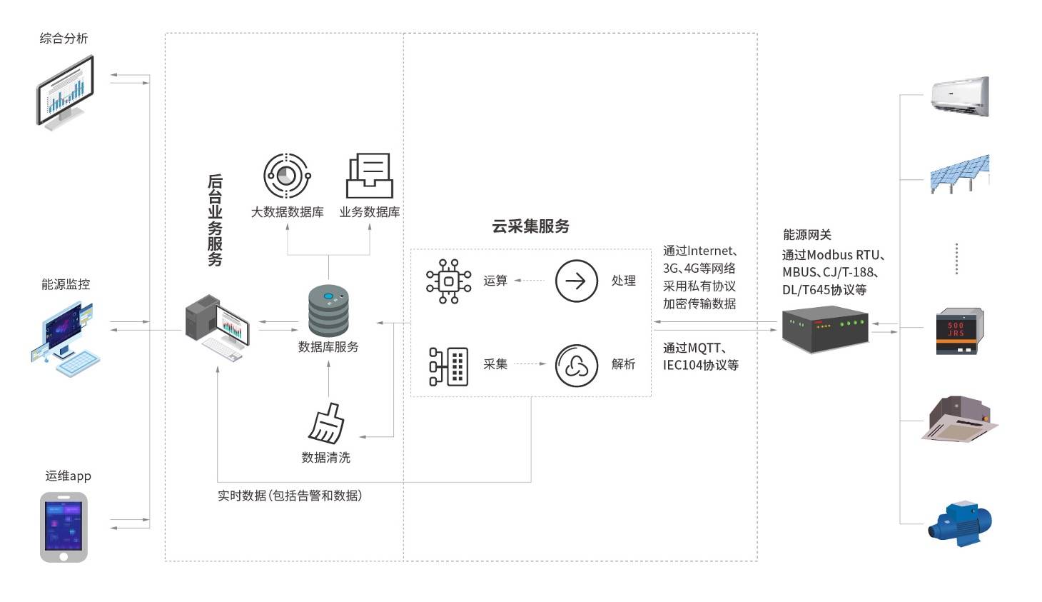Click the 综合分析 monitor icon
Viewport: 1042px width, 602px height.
tap(65, 93)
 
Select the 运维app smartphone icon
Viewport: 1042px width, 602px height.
tap(64, 527)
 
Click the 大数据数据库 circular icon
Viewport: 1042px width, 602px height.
tap(286, 176)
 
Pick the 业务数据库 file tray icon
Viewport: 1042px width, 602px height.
tap(369, 176)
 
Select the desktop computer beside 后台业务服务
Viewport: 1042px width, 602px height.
tap(217, 327)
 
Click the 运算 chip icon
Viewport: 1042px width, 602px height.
tap(448, 281)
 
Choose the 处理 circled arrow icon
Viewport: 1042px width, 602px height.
tap(576, 281)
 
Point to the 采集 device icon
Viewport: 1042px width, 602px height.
tap(448, 366)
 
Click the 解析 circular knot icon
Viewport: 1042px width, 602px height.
tap(576, 366)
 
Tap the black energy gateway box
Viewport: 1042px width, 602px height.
tap(825, 329)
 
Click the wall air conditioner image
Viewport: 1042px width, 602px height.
tap(961, 96)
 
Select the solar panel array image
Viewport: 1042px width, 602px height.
tap(960, 173)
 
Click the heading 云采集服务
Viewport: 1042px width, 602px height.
tap(530, 226)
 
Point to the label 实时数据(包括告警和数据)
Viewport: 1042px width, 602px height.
tap(290, 496)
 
